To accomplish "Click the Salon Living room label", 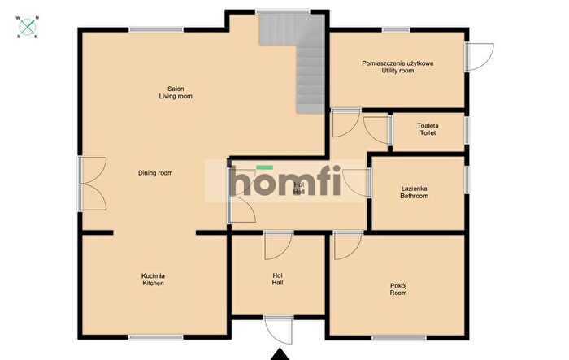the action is tap(176, 93).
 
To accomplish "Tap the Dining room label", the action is tap(155, 173).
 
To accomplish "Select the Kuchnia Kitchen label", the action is tap(153, 280).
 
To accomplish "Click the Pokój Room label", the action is tap(398, 288).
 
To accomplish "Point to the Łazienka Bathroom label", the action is tap(414, 193).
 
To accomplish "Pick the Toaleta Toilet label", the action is tap(428, 129).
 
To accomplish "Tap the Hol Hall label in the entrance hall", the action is tap(278, 279).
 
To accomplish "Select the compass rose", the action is tap(28, 27).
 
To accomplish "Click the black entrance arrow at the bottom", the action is tap(280, 354).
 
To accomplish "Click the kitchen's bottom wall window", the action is tap(156, 337).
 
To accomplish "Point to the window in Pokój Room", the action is tap(399, 338).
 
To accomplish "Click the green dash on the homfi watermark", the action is tap(264, 167).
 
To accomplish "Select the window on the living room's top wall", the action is tap(156, 30).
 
